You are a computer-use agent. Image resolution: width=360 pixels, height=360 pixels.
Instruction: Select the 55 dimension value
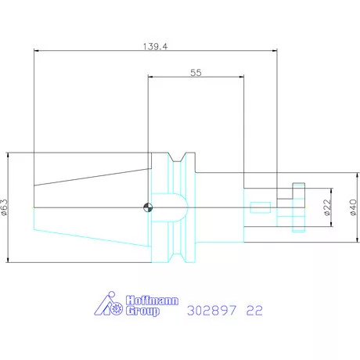(196, 72)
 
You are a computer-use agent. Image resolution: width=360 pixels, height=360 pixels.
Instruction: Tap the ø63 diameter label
(5, 207)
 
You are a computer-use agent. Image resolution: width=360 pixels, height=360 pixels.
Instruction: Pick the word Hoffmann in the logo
(143, 301)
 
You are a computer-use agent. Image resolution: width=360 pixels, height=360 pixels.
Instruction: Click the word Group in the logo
(142, 311)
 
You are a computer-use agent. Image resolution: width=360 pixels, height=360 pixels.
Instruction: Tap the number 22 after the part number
(254, 310)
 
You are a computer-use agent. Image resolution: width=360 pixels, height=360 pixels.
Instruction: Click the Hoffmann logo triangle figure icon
(110, 304)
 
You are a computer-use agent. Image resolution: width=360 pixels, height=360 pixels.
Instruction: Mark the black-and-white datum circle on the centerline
(147, 207)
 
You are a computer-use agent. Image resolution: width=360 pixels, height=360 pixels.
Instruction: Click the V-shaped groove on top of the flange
(182, 157)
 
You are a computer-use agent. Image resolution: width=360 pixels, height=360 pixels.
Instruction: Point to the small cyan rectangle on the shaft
(261, 207)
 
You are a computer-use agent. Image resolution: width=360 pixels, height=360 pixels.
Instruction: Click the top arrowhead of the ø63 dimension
(9, 155)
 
